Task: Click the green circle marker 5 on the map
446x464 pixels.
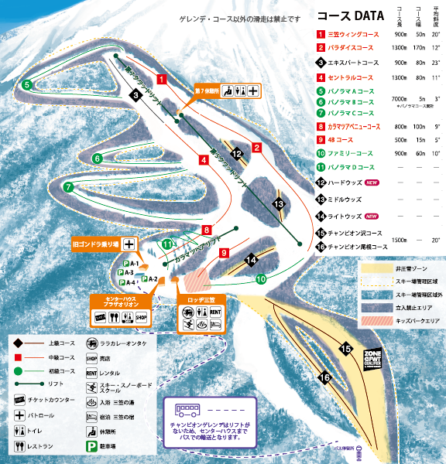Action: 26,84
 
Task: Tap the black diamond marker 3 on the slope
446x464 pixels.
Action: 135,95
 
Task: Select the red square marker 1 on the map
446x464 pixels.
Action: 162,79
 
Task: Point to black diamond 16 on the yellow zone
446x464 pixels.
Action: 324,377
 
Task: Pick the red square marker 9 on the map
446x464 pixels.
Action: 223,253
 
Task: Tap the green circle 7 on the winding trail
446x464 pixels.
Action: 68,186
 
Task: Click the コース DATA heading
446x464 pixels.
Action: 350,15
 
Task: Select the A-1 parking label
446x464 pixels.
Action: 131,264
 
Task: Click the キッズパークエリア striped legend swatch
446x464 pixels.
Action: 373,317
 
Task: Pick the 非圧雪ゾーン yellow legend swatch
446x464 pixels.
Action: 373,268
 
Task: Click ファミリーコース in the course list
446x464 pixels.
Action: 352,154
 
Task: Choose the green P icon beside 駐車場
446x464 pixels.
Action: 91,447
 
